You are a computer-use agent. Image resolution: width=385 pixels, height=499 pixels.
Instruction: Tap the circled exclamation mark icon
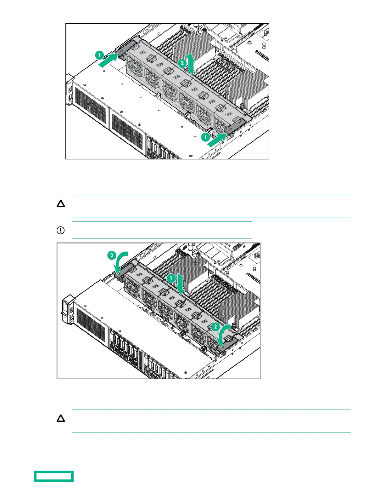coord(60,230)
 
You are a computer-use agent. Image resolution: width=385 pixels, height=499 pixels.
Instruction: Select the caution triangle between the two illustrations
coord(61,204)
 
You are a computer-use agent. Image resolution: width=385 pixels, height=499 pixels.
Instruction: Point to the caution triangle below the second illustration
coord(61,419)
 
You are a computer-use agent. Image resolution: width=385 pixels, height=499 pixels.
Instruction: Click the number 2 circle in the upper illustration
coord(182,63)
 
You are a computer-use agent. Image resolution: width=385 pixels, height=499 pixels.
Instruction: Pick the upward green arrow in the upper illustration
coord(191,62)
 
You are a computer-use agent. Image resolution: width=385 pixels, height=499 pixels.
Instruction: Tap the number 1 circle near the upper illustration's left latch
coord(100,55)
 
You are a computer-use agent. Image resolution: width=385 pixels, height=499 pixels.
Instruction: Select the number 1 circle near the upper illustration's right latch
coord(205,137)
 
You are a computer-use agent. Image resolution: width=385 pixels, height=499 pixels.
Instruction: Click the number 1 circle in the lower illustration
coord(171,278)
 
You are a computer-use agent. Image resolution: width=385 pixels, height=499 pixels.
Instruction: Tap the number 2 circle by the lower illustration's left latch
coord(112,255)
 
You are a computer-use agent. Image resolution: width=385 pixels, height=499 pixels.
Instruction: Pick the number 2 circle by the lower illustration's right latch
coord(215,327)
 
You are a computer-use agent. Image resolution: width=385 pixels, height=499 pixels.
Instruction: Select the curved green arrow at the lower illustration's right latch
coord(227,334)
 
